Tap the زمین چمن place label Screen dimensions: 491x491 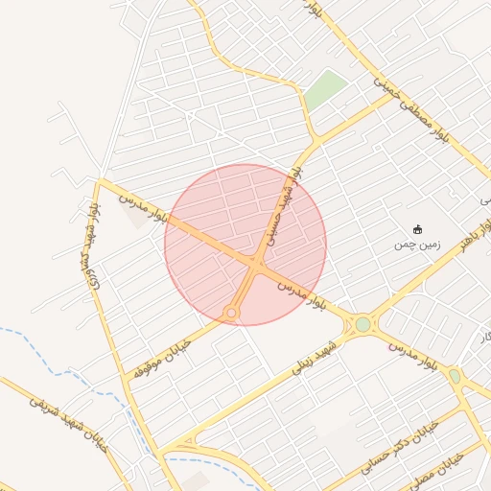click(415, 244)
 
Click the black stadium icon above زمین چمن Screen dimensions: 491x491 click(416, 229)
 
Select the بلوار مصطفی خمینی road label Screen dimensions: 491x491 click(393, 97)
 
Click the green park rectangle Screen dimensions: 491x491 click(326, 89)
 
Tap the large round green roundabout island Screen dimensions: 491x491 click(362, 324)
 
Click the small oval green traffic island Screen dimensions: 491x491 click(455, 376)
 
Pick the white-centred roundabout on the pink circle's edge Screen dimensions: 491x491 click(231, 313)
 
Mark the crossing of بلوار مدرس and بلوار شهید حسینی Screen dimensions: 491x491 click(256, 261)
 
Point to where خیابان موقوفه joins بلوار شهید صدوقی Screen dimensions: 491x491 click(125, 380)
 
